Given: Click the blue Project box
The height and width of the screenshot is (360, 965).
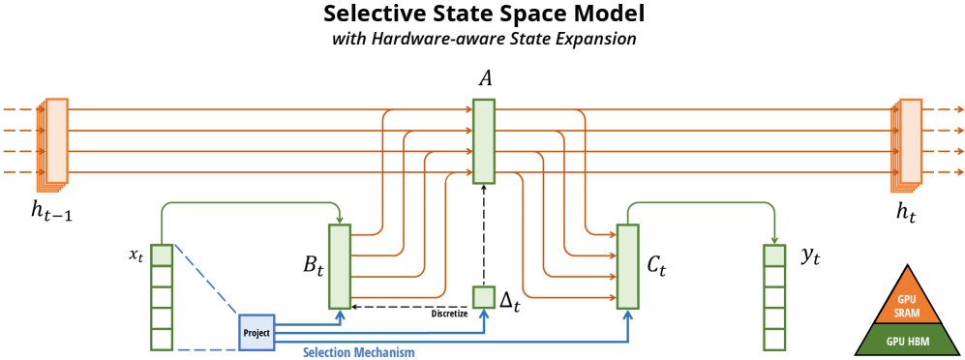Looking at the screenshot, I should point(256,332).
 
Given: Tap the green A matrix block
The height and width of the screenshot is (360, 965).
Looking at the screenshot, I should point(484,140).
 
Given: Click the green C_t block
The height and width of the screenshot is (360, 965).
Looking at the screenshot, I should point(628,266).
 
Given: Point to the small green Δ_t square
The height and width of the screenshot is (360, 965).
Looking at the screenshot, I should point(483,297).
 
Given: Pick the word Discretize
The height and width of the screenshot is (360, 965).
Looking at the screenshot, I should point(448,313).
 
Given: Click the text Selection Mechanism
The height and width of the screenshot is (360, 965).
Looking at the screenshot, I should point(359,352).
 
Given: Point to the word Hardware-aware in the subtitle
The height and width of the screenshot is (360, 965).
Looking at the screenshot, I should point(425,40).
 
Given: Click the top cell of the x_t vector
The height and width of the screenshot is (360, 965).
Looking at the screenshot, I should point(162,255).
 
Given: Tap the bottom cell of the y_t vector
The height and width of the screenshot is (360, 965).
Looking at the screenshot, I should point(773,340).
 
